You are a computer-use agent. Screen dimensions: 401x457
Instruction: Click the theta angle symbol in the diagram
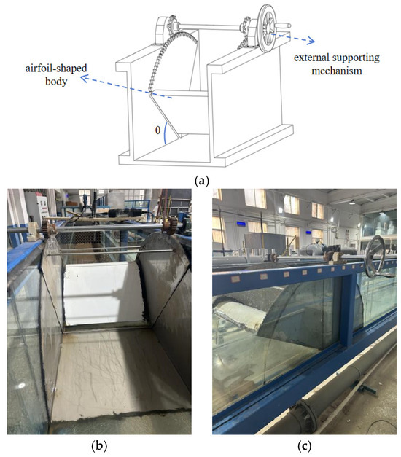coord(157,130)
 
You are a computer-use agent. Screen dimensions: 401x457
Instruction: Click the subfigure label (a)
coord(201,181)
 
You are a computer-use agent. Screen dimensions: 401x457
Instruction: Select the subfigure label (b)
coord(99,445)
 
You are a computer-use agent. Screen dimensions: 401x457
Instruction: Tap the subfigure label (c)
coord(304,445)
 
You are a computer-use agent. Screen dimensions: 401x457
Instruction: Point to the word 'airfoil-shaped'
coord(56,69)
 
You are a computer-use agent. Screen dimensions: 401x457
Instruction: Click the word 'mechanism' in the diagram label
coord(337,71)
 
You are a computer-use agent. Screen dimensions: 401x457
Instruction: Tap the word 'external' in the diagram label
coord(311,58)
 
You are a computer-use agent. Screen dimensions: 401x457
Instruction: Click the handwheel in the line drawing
coord(268,28)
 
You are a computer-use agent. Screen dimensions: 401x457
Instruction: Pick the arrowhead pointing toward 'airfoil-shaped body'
coord(85,78)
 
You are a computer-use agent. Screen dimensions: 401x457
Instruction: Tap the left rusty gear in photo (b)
coord(48,227)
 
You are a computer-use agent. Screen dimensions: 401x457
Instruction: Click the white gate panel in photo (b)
coord(104,293)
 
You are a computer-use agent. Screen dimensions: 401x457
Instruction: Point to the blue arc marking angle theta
coord(164,133)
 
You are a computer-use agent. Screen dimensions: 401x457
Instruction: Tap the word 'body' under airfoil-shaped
coord(56,81)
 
